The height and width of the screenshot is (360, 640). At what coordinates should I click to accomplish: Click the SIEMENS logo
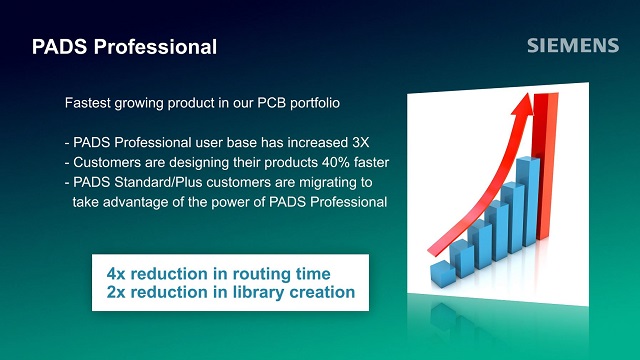(x=573, y=46)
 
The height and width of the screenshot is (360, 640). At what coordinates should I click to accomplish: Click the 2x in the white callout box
(x=118, y=292)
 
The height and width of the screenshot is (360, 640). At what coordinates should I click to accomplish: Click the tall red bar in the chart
(x=545, y=190)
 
